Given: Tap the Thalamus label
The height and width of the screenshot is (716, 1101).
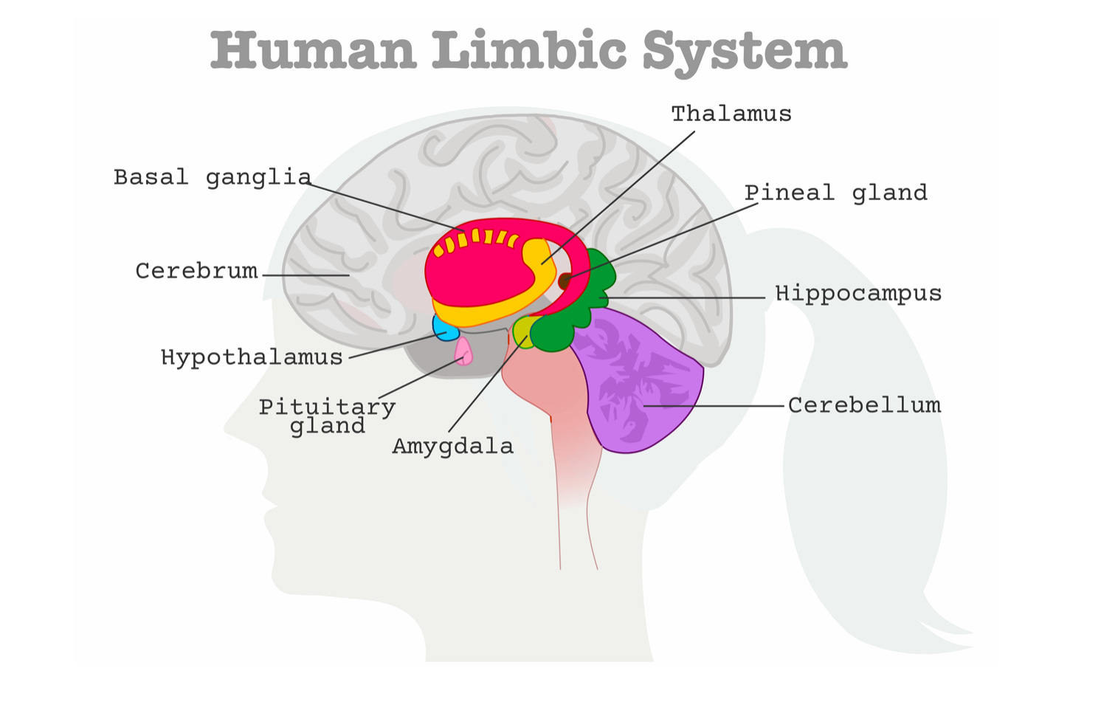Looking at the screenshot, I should (x=731, y=114).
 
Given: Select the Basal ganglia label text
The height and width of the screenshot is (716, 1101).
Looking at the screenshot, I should (x=212, y=177).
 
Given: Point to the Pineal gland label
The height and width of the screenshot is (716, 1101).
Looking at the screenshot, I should (x=835, y=193).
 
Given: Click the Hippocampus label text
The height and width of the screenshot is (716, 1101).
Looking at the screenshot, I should (x=858, y=293).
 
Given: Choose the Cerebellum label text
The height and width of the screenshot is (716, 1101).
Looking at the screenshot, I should (x=864, y=405).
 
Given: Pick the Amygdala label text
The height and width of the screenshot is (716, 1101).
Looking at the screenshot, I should (x=452, y=446).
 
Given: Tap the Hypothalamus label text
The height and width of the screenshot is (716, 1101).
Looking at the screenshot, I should (x=252, y=357).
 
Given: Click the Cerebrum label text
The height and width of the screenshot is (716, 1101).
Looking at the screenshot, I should (x=196, y=271).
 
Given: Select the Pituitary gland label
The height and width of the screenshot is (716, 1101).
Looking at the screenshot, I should (x=327, y=416).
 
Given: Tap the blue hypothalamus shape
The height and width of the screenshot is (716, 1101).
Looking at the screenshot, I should (x=443, y=328).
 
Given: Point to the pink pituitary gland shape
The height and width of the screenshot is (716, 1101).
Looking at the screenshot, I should (x=464, y=351).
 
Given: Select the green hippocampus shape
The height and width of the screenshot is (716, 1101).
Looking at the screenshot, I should (x=561, y=328).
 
